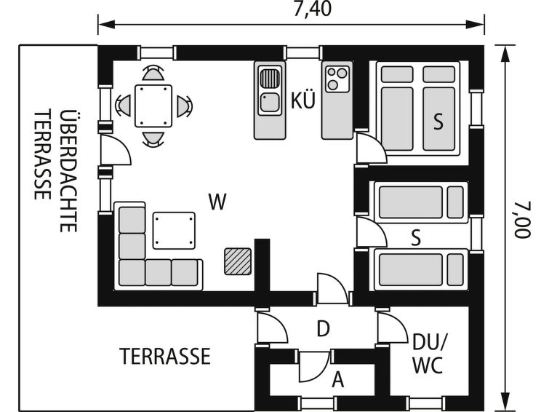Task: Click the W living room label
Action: pyautogui.click(x=216, y=202)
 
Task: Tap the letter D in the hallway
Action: pyautogui.click(x=324, y=329)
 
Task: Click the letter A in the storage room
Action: pyautogui.click(x=337, y=379)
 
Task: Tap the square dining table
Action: pyautogui.click(x=153, y=106)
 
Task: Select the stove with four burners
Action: pyautogui.click(x=337, y=79)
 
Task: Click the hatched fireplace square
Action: pyautogui.click(x=238, y=261)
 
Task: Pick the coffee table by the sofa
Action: pyautogui.click(x=175, y=230)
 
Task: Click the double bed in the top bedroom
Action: pyautogui.click(x=419, y=109)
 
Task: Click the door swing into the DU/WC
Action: pyautogui.click(x=392, y=326)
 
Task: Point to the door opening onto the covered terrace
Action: pyautogui.click(x=116, y=151)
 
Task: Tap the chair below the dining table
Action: pyautogui.click(x=153, y=138)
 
